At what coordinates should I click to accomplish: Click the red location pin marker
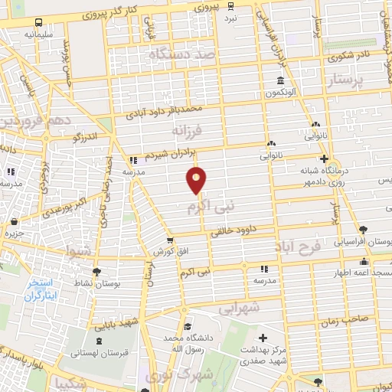point(197,180)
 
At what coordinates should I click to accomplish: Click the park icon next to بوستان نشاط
point(96,272)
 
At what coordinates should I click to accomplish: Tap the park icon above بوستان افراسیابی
point(363,228)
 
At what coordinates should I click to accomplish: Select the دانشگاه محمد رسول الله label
point(185,342)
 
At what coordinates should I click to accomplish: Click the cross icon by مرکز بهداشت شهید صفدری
point(263,338)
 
